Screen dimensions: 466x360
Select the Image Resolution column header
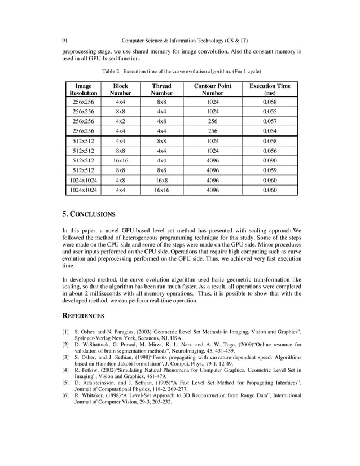83,89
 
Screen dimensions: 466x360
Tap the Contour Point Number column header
213,89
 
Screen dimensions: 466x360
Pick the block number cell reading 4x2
120,121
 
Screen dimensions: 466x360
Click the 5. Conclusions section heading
89,214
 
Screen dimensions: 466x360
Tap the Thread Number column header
161,89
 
